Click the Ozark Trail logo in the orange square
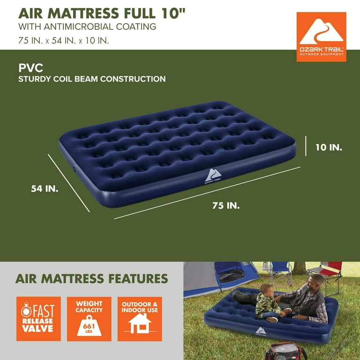pos(321,37)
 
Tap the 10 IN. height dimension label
pos(329,147)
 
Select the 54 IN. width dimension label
pos(45,189)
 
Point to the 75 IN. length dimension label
pos(226,205)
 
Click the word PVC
pos(31,67)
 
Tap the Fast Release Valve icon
pos(38,319)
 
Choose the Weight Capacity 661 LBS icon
pos(89,319)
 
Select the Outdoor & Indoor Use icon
pos(140,319)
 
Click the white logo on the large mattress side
pos(213,176)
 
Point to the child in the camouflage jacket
pos(269,303)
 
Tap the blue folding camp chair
pos(281,273)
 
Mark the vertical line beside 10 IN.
pos(306,146)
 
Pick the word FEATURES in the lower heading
pos(138,278)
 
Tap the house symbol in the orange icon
pos(140,324)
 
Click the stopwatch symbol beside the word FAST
pos(26,310)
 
